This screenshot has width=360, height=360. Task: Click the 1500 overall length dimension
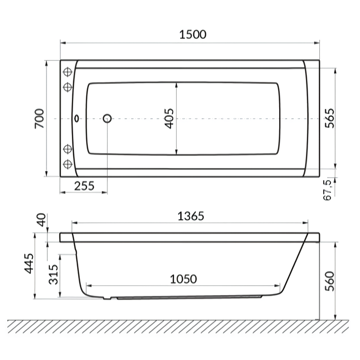coord(192,34)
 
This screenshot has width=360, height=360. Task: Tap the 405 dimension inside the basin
coord(169,118)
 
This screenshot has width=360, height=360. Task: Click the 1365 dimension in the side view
coord(191,216)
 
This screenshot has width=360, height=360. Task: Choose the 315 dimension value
coord(54,274)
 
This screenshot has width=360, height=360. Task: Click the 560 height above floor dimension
coord(328,282)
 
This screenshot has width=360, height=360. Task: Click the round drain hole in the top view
coord(107,118)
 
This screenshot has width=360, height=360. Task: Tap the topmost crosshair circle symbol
coord(67,72)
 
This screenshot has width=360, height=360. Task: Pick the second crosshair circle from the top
coord(67,87)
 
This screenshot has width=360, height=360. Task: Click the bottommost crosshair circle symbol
coord(67,164)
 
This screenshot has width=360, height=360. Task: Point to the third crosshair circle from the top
coord(67,149)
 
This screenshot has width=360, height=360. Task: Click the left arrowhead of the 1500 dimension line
coord(62,43)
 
